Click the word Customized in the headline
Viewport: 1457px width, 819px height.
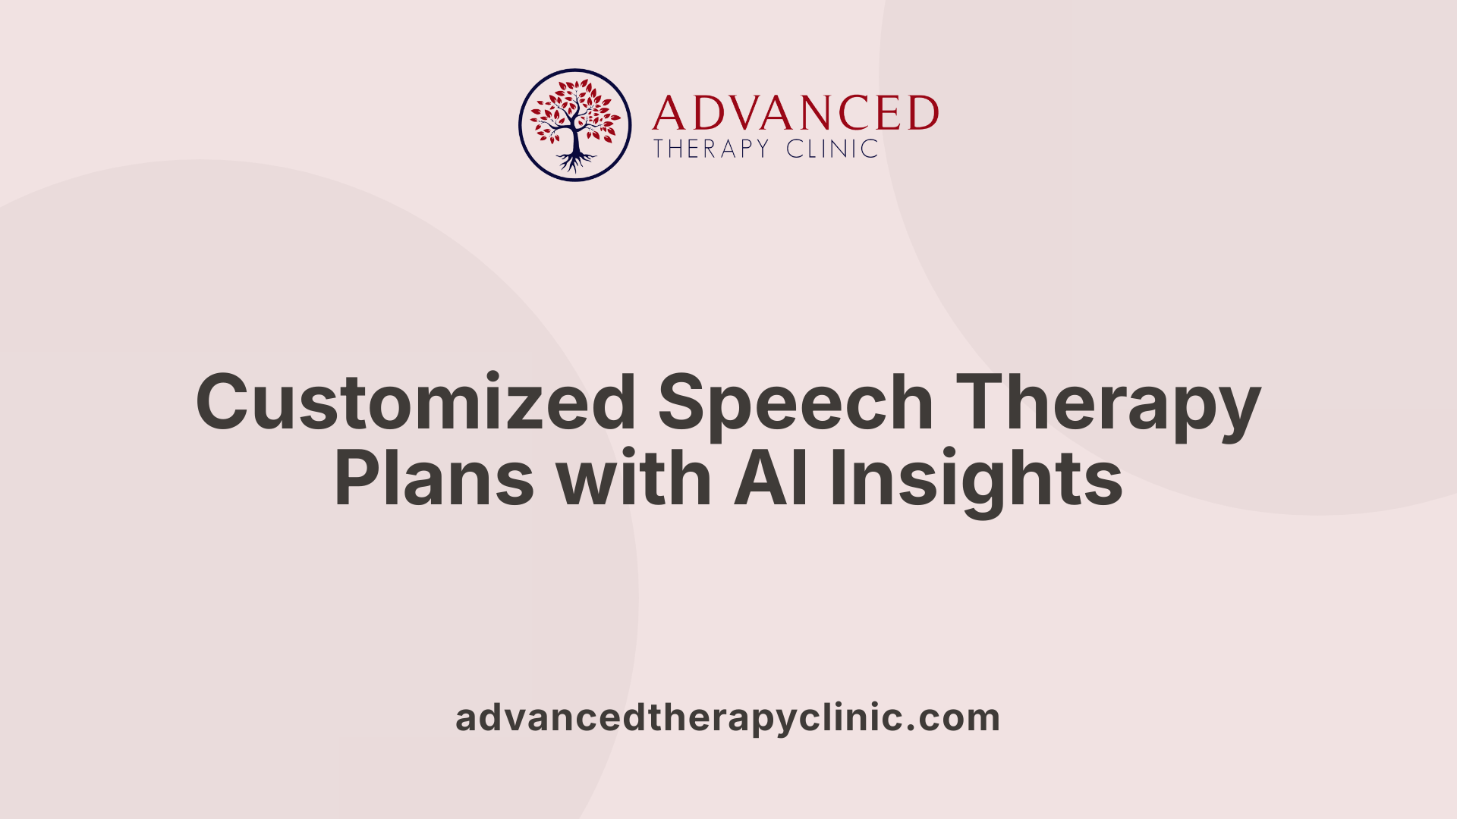(415, 402)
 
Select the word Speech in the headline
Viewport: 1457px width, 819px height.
(795, 402)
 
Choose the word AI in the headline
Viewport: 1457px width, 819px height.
(771, 479)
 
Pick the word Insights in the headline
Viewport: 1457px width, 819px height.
(976, 479)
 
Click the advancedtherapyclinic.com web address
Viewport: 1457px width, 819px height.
(728, 717)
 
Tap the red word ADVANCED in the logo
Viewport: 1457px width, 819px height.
(795, 113)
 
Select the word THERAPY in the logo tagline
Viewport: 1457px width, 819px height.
(712, 149)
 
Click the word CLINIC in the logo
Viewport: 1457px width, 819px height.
(832, 149)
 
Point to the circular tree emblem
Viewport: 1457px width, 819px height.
(574, 125)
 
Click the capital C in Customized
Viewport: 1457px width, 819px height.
(225, 402)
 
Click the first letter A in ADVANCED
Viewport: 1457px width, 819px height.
(669, 113)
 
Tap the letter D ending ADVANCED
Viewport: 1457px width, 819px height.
(923, 113)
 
